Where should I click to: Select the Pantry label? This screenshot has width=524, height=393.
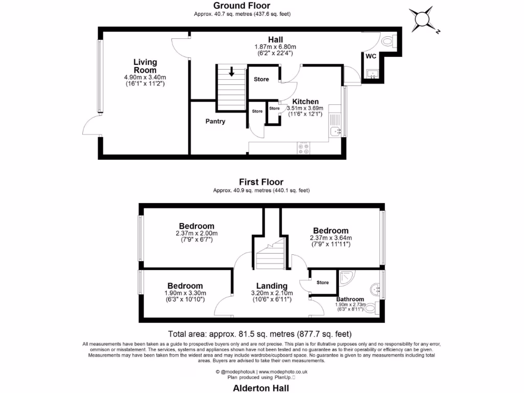coord(215,121)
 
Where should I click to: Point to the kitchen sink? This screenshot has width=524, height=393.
coord(336,132)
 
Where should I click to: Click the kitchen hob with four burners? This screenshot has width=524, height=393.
coord(303,148)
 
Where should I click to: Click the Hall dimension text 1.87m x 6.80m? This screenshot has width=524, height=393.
coord(275,47)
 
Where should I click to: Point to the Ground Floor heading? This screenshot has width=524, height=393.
coord(243,6)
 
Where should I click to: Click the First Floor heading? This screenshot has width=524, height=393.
coord(261,182)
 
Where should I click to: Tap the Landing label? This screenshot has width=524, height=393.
coord(272,286)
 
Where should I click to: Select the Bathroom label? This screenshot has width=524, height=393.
coord(350,299)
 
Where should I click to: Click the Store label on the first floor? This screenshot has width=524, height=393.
coord(322,282)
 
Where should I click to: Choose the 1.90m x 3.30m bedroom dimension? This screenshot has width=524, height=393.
coord(185,293)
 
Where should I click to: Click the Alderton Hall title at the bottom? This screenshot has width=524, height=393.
coord(261,387)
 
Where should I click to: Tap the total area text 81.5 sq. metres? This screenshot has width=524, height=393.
coord(261,332)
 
